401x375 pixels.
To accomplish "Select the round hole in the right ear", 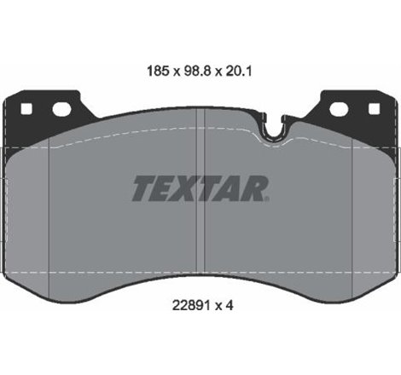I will coord(339,109).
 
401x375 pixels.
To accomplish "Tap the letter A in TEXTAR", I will coord(231,188).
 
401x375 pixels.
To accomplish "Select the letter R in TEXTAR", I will coord(255,188).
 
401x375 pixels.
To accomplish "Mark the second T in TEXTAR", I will coord(209,188).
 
